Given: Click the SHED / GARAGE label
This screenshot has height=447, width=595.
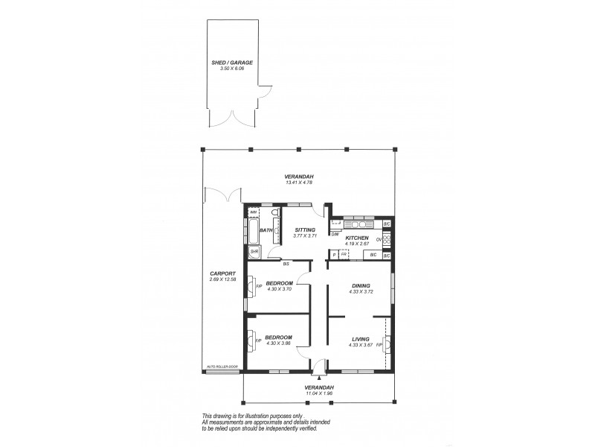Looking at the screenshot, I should coord(231,63).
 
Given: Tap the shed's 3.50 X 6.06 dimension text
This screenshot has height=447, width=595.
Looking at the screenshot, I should coord(231,69).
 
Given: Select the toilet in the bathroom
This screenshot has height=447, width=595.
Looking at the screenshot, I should coord(274,216).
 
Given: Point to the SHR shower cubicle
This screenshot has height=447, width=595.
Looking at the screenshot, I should coord(253,252).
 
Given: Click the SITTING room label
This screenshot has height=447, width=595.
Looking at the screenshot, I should coord(305,229).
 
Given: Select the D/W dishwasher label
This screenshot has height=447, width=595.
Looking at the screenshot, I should coord(335,233).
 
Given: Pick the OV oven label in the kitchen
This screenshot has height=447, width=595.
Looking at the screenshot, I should coord(379,239).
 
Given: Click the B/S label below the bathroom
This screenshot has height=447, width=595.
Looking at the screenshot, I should coord(286,263).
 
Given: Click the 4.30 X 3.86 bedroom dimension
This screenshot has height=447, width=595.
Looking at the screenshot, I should coord(279,343).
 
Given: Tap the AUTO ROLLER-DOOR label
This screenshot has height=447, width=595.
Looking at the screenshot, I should coord(223,367).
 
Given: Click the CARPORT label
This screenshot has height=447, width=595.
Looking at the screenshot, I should coord(222,273).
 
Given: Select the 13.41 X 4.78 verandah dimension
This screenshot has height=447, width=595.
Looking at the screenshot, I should coord(296,183).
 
